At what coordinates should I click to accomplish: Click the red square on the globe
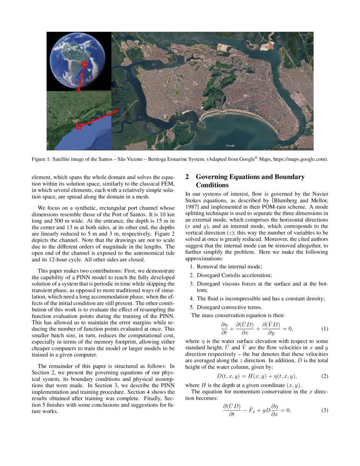tap(84, 64)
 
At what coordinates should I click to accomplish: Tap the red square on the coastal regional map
tap(78, 126)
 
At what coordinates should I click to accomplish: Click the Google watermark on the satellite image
tap(230, 145)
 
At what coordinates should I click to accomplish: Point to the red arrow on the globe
tap(81, 78)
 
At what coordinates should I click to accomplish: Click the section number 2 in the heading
tap(188, 177)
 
